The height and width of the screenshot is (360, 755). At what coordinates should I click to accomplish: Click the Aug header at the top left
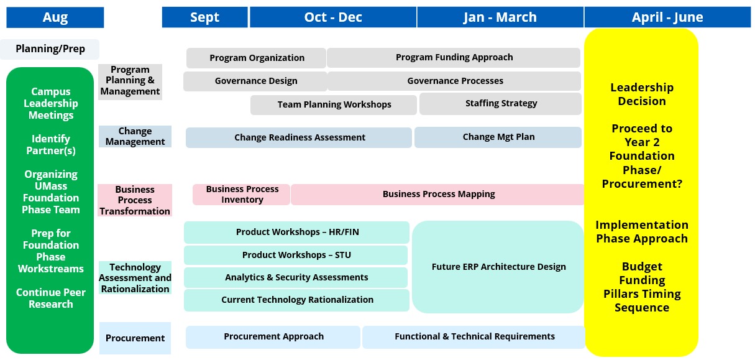coord(55,17)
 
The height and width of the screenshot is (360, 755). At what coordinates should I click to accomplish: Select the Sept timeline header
coord(204,17)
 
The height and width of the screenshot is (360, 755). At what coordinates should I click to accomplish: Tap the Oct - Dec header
coord(333,17)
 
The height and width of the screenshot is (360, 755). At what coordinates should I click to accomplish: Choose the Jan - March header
coord(500,17)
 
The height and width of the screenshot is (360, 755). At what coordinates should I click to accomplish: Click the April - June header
coord(668,17)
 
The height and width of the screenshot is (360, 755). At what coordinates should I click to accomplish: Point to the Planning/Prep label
coord(50,49)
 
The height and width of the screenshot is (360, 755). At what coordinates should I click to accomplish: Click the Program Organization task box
coord(256,58)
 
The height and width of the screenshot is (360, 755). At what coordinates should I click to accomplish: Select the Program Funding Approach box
coord(454,58)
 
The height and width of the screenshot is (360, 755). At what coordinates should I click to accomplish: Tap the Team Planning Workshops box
coord(334,105)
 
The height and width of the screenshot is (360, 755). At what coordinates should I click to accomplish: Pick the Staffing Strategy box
coord(500,104)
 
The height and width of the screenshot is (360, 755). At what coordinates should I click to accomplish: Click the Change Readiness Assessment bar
coord(299,137)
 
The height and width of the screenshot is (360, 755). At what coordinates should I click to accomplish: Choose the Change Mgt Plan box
coord(498,137)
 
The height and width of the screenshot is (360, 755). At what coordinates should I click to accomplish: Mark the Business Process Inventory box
coord(241,195)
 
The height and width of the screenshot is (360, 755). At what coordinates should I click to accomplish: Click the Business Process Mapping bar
coord(438,195)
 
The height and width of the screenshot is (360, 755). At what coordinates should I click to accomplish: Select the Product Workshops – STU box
coord(296,255)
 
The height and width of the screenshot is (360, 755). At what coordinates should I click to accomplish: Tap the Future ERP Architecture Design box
coord(498,267)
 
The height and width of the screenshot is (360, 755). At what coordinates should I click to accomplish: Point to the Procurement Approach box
coord(273,337)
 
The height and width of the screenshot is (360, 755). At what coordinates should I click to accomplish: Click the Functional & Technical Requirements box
coord(474,337)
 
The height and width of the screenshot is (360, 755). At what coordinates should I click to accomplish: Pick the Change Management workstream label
coord(135,137)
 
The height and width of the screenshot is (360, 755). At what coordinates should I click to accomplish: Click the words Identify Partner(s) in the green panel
coord(51,145)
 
